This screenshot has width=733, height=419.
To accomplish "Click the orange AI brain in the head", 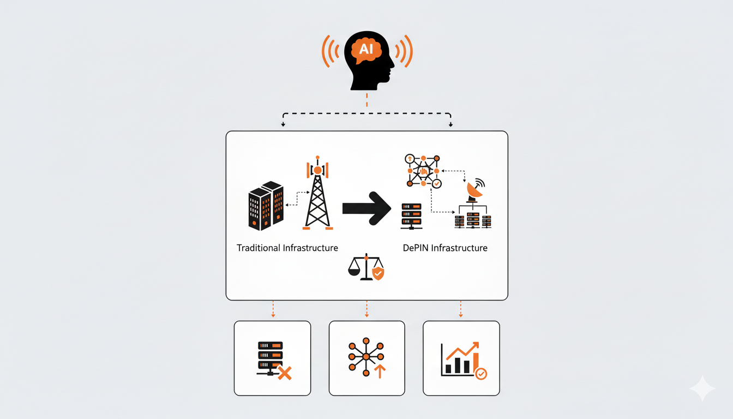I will pyautogui.click(x=366, y=48).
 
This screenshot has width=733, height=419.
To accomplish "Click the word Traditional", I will pyautogui.click(x=259, y=248).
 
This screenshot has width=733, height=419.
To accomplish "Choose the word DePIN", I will pyautogui.click(x=416, y=248).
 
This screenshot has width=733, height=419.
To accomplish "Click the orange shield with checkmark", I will pyautogui.click(x=377, y=273).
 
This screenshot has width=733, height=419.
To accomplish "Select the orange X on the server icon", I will pyautogui.click(x=284, y=373).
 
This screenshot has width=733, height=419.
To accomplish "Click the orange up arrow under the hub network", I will pyautogui.click(x=380, y=371).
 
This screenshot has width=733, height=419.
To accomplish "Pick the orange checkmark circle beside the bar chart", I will pyautogui.click(x=481, y=374).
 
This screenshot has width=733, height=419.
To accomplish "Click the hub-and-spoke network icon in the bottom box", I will pyautogui.click(x=366, y=356).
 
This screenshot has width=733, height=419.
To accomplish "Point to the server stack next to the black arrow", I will pyautogui.click(x=411, y=216).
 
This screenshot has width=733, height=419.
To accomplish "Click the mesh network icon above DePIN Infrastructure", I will pyautogui.click(x=423, y=170).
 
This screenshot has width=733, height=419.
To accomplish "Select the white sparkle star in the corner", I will pyautogui.click(x=702, y=388).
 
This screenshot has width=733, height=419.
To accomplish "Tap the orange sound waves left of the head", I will pyautogui.click(x=331, y=51).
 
